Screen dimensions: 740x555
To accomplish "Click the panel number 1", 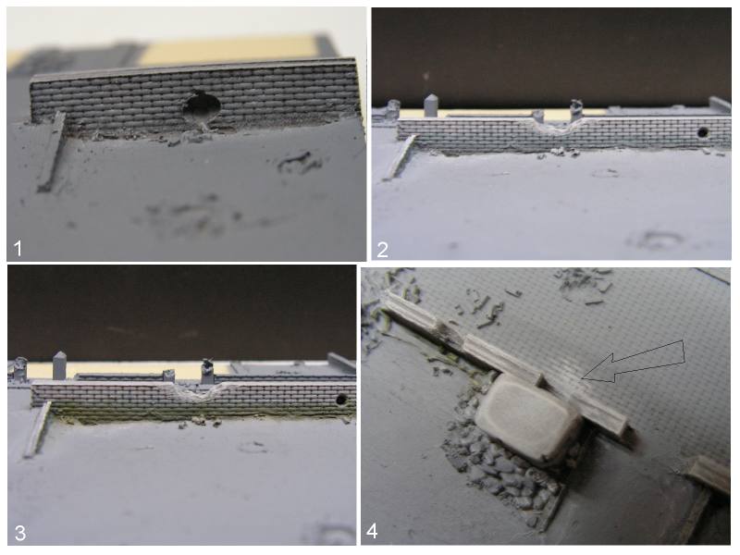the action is [x=18, y=248].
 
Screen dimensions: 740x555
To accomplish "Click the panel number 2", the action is [x=382, y=249].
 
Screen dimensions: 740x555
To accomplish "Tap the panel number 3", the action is [x=19, y=533].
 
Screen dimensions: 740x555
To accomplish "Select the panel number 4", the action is [x=372, y=531].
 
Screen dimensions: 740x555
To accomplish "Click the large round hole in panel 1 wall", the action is [x=202, y=108].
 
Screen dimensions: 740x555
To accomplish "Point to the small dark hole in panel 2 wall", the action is [x=702, y=132].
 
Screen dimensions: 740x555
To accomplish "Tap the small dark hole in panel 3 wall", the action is [x=340, y=400].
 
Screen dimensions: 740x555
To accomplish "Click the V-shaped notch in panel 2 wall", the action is [x=559, y=126].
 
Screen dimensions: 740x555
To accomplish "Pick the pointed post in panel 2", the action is [x=431, y=105].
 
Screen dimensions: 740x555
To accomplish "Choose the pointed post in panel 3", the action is [x=59, y=365].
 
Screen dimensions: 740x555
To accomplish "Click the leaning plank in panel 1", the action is [x=51, y=152].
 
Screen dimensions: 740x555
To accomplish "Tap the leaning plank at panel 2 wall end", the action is [x=400, y=157].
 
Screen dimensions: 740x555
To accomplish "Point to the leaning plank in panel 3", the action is [x=38, y=429].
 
